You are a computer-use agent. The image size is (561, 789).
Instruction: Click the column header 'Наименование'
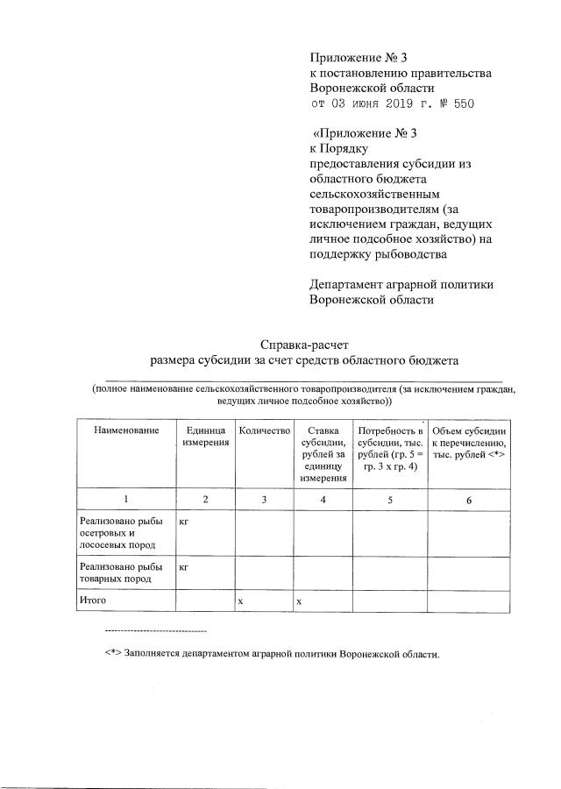click(126, 430)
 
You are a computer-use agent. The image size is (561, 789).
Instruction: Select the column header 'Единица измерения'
click(205, 437)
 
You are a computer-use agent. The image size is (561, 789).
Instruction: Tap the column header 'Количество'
click(263, 430)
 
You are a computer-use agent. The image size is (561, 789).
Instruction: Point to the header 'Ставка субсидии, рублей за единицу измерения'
click(323, 454)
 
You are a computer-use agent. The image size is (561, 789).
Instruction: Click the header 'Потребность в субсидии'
click(390, 448)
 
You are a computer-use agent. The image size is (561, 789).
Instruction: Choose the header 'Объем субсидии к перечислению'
click(469, 437)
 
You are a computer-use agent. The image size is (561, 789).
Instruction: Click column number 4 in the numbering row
click(323, 499)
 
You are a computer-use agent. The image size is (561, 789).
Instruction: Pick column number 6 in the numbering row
click(469, 499)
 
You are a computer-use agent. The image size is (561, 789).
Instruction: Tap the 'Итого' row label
click(92, 601)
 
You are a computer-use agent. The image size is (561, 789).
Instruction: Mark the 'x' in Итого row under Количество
click(240, 601)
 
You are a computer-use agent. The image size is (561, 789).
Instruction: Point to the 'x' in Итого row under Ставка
click(299, 601)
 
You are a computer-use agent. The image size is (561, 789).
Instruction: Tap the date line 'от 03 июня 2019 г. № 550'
click(396, 104)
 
